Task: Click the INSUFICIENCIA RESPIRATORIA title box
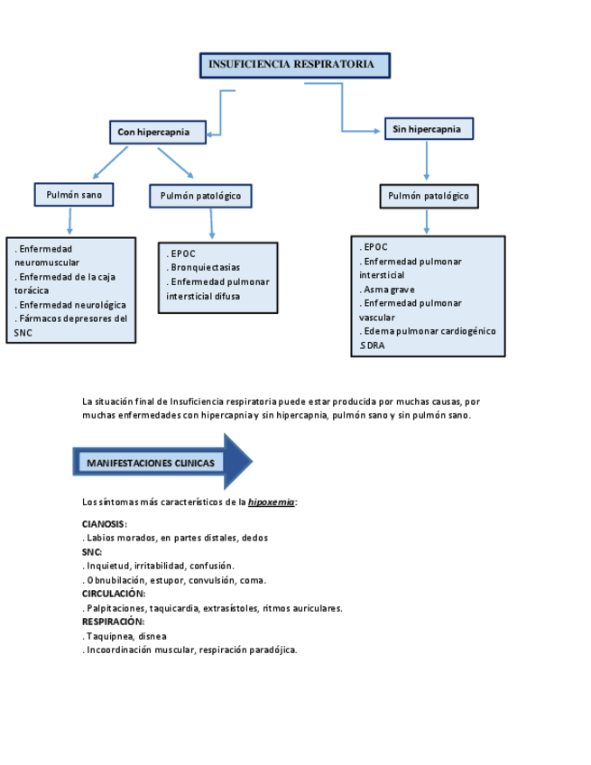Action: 294,65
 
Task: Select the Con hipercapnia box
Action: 157,132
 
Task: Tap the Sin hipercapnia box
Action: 429,129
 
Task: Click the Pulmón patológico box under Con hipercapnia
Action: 200,196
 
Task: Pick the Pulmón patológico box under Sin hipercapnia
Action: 429,196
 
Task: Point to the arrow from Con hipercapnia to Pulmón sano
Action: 109,162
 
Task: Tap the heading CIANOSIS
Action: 104,524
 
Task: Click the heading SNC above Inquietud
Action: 92,552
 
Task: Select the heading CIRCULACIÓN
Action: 114,594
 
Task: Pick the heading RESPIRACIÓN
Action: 114,622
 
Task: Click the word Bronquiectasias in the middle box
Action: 206,268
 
